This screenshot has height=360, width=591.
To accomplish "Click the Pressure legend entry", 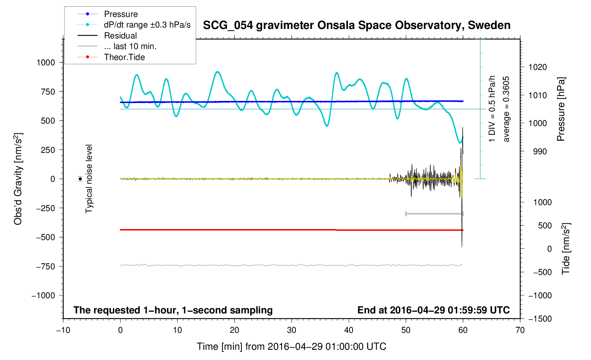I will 121,14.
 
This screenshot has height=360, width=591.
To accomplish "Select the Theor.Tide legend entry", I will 124,57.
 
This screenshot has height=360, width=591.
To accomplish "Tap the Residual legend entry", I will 120,36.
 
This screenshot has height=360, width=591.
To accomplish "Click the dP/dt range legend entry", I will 147,25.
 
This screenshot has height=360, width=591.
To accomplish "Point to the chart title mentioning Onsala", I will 357,25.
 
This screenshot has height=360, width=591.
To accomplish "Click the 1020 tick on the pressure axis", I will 537,67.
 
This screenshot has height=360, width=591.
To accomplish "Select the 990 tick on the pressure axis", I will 535,151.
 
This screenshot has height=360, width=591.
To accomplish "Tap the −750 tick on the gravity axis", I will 45,266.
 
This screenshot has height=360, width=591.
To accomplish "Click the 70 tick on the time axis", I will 520,330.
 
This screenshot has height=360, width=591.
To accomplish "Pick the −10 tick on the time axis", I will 63,330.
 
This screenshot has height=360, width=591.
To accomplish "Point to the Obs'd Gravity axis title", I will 18,179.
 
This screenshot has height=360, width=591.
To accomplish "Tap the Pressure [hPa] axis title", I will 561,109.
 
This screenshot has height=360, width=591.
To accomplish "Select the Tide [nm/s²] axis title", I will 566,249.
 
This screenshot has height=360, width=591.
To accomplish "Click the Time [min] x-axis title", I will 291,347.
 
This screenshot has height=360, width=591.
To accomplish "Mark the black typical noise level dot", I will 80,179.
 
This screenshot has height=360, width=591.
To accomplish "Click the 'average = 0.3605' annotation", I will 506,109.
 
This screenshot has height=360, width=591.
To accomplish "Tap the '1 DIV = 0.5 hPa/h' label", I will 492,109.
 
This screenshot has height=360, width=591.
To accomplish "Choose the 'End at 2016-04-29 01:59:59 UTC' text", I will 433,310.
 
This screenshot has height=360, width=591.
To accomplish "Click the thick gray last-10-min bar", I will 434,214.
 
